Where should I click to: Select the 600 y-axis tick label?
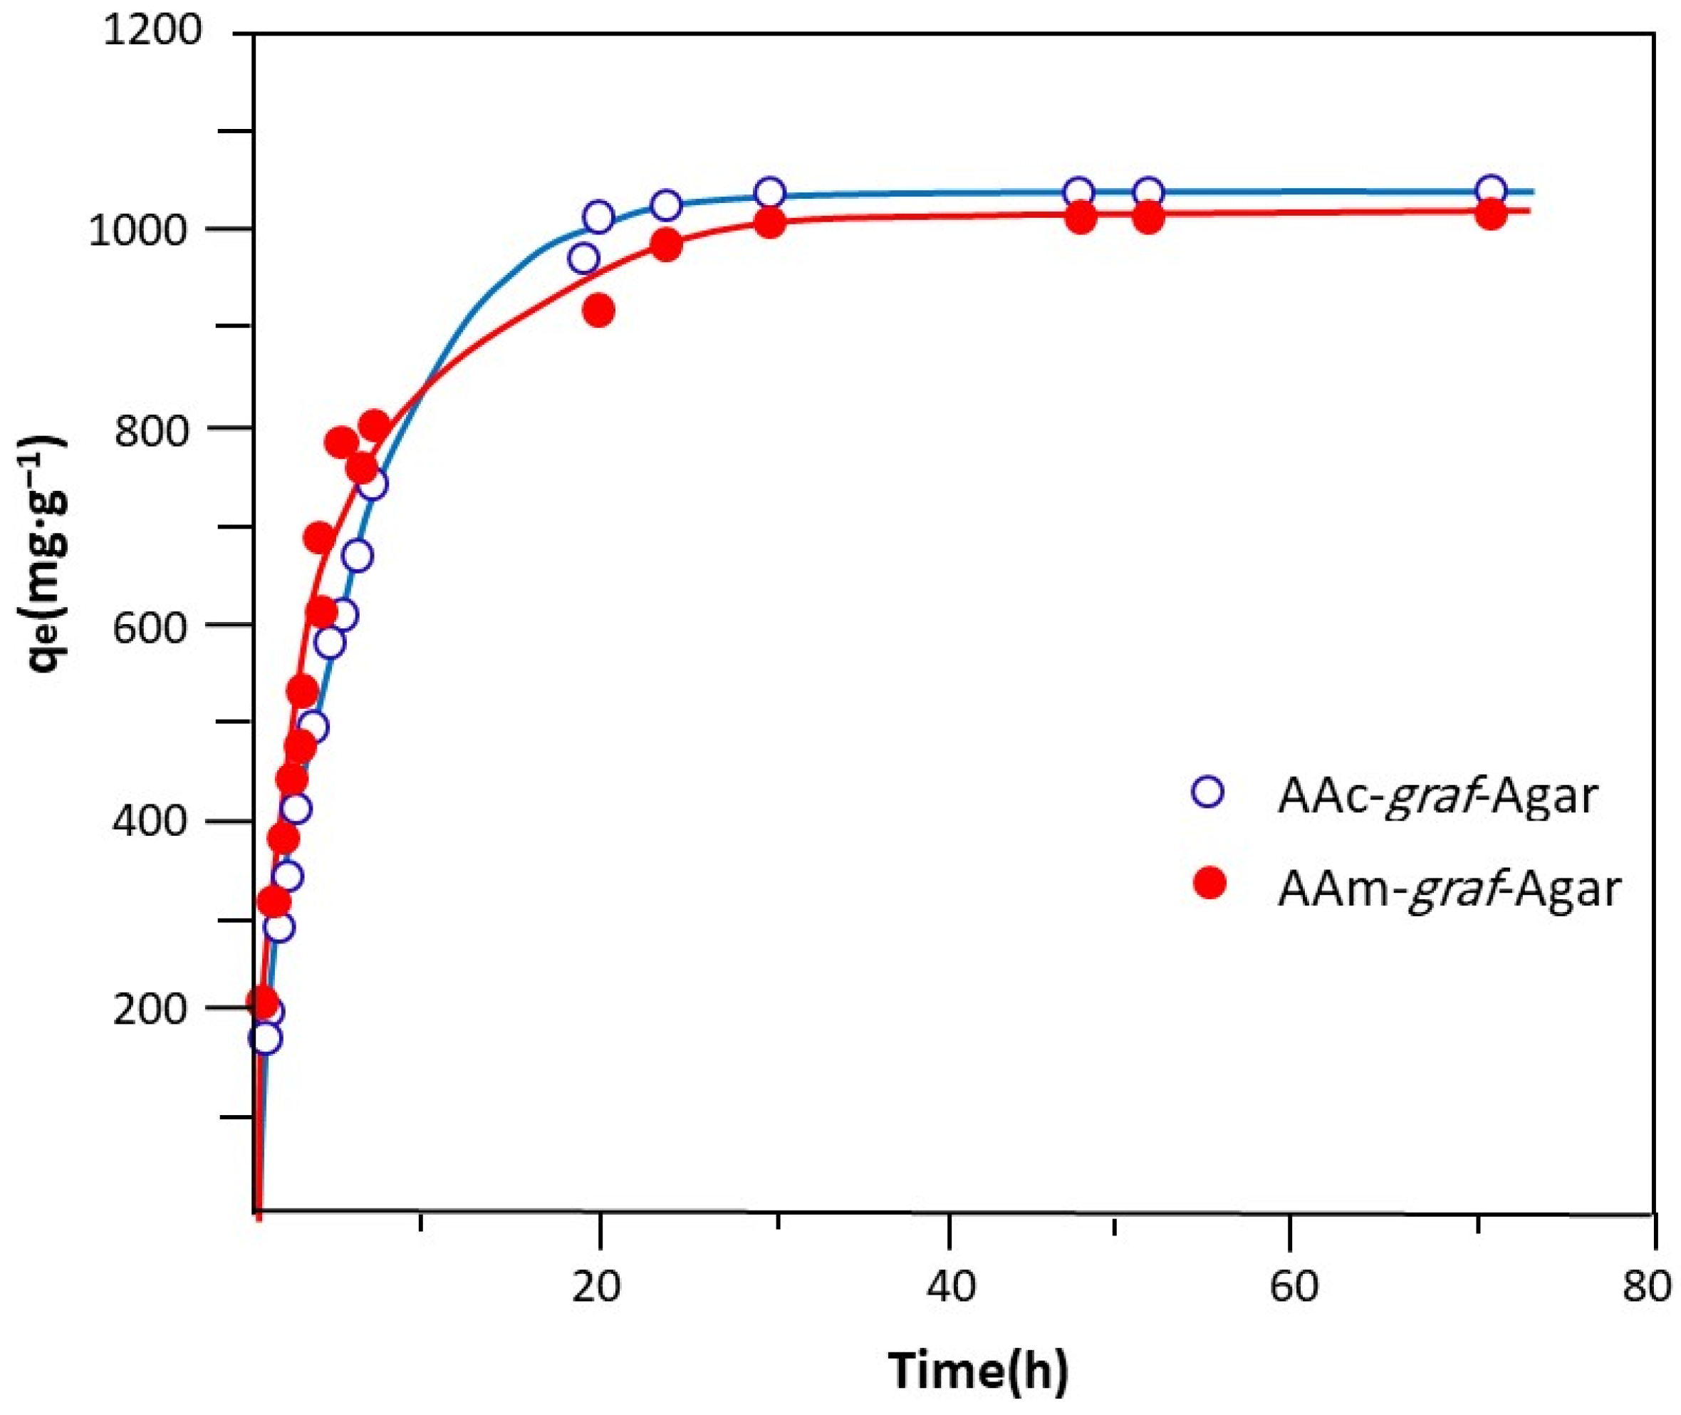[x=157, y=626]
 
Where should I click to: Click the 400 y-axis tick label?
[x=157, y=821]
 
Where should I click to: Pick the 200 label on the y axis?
[x=157, y=1009]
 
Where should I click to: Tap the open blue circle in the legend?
[x=1208, y=794]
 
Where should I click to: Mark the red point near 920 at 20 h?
[x=598, y=311]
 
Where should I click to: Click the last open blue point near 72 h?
[x=1490, y=190]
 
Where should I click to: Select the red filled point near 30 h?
[x=769, y=223]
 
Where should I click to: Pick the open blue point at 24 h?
[x=666, y=205]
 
